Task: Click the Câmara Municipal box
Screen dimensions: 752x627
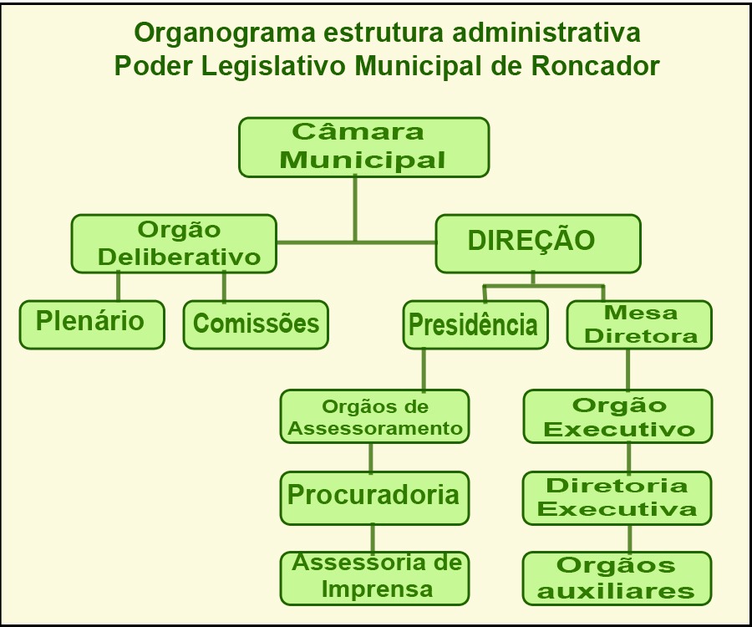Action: pyautogui.click(x=364, y=147)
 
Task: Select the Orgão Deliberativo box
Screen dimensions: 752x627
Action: pyautogui.click(x=174, y=244)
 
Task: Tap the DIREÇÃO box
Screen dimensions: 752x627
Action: pyautogui.click(x=538, y=244)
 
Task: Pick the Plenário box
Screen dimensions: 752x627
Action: pyautogui.click(x=92, y=324)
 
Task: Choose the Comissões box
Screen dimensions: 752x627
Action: pyautogui.click(x=256, y=324)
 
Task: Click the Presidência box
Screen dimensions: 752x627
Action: pyautogui.click(x=475, y=324)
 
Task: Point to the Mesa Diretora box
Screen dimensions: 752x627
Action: pyautogui.click(x=639, y=324)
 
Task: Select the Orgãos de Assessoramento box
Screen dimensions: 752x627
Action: pyautogui.click(x=374, y=416)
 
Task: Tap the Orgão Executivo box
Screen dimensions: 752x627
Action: pyautogui.click(x=617, y=416)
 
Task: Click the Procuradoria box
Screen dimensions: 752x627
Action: pyautogui.click(x=374, y=498)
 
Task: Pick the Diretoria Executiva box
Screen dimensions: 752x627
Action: pyautogui.click(x=617, y=498)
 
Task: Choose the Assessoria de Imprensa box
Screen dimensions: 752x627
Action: pyautogui.click(x=374, y=579)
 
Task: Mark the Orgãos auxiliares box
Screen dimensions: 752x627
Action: pyautogui.click(x=617, y=579)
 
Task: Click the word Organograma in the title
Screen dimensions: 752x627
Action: pyautogui.click(x=225, y=33)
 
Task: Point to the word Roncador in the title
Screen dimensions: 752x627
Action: pyautogui.click(x=595, y=66)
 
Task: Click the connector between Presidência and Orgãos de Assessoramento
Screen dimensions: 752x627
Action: pyautogui.click(x=424, y=370)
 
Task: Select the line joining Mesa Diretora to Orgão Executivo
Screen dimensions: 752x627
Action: pyautogui.click(x=628, y=370)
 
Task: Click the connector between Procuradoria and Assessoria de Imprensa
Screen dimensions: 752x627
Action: pyautogui.click(x=373, y=538)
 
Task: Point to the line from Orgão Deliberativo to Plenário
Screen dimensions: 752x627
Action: pyautogui.click(x=119, y=287)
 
